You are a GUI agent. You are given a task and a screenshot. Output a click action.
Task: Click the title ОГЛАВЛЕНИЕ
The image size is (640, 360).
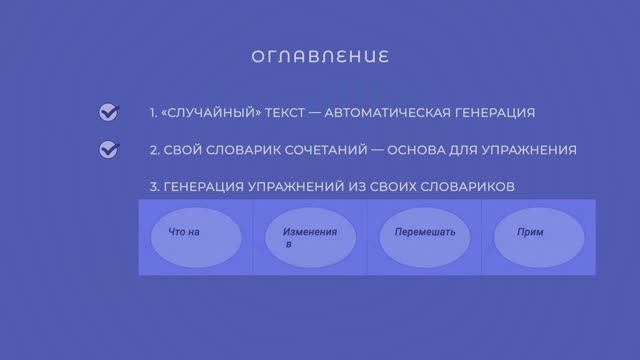pyautogui.click(x=320, y=54)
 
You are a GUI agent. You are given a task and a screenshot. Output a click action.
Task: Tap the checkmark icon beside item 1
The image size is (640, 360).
pyautogui.click(x=109, y=113)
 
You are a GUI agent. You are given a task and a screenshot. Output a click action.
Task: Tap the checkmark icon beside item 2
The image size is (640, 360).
pyautogui.click(x=109, y=150)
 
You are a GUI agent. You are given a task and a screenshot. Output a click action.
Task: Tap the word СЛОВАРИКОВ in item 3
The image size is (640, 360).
pyautogui.click(x=464, y=187)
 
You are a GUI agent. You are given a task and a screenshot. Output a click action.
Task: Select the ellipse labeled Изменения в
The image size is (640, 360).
pyautogui.click(x=310, y=238)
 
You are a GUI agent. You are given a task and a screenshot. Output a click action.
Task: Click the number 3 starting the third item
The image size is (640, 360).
pyautogui.click(x=153, y=187)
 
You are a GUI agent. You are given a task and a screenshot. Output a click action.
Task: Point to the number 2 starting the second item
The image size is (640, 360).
pyautogui.click(x=153, y=150)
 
